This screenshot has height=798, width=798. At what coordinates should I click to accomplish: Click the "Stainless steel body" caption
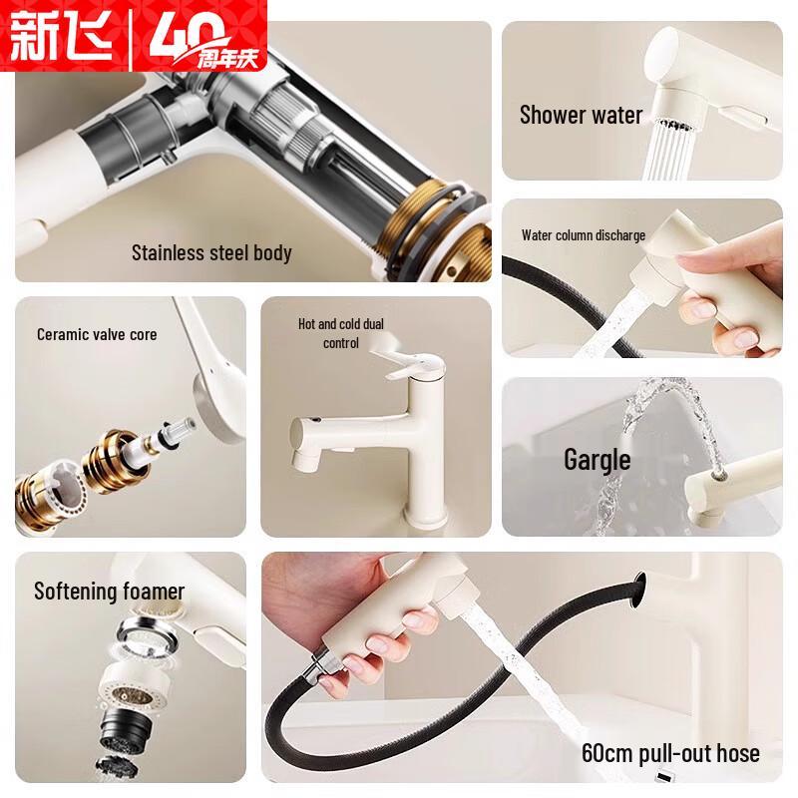(x=211, y=253)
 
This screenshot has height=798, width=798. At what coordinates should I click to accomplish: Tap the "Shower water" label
(x=581, y=115)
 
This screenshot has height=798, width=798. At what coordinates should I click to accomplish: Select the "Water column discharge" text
(x=584, y=235)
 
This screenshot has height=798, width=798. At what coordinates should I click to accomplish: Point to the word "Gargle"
(x=597, y=460)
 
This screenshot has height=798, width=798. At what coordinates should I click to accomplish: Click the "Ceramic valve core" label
(x=97, y=334)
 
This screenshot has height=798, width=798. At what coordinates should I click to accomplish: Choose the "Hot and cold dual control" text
(x=341, y=333)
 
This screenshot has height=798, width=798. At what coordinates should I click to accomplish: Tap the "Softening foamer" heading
(x=109, y=592)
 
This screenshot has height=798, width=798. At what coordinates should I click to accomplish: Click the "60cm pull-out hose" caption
(x=670, y=753)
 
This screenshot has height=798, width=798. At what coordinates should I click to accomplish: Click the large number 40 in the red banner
(x=185, y=36)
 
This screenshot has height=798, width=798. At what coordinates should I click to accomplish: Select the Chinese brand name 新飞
(x=61, y=36)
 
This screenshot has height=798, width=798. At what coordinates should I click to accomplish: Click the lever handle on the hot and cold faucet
(x=405, y=362)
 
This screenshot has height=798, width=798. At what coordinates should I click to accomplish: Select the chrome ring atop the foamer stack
(x=148, y=633)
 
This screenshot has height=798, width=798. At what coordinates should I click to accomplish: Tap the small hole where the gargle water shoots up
(x=719, y=476)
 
